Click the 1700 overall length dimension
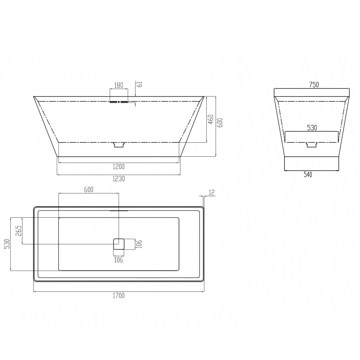point(119,295)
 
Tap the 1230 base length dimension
point(119,179)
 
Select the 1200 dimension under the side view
point(119,166)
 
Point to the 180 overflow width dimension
point(119,85)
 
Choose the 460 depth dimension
point(211,119)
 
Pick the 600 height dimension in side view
point(220,123)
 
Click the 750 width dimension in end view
point(314,85)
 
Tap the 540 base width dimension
point(308,175)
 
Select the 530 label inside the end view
point(312,128)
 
